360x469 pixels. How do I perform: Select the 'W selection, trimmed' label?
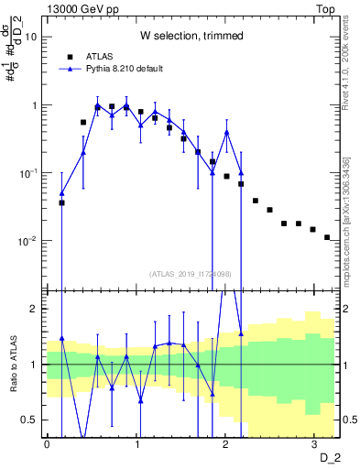(191, 37)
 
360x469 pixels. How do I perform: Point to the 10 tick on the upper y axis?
(32, 38)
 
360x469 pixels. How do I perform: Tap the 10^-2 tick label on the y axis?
(29, 241)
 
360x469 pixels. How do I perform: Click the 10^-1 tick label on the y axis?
(29, 173)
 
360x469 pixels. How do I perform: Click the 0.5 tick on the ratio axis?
(32, 420)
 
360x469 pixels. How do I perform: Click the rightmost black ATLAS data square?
(327, 237)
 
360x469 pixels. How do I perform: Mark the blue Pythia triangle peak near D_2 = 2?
(226, 132)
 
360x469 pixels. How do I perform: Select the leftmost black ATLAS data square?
(61, 202)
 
